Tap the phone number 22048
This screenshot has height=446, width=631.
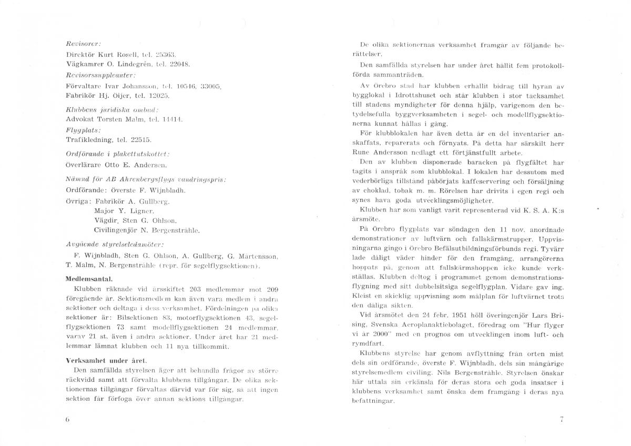[x=179, y=64]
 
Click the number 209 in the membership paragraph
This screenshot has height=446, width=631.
[x=272, y=289]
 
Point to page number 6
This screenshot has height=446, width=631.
[x=68, y=420]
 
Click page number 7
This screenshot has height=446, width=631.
[x=562, y=420]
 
